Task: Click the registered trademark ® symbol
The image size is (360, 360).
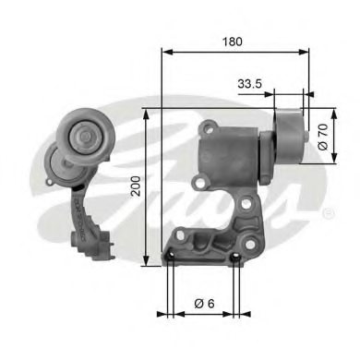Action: (x=329, y=213)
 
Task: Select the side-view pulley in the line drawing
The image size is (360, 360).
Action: (x=289, y=138)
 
